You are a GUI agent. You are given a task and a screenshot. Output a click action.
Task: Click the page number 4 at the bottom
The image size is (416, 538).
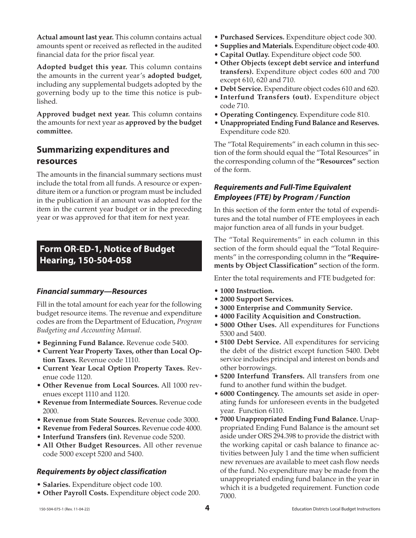(208, 508)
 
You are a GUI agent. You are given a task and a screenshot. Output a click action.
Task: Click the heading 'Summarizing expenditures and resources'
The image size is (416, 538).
(102, 155)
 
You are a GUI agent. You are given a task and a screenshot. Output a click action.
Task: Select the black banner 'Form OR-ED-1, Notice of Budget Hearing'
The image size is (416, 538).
(119, 255)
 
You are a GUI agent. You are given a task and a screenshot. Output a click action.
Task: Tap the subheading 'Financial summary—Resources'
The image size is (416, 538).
(92, 291)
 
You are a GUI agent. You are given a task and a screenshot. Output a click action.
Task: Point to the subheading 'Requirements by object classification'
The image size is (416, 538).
(101, 472)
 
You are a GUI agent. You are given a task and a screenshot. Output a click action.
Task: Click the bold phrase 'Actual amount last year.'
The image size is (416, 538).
(75, 37)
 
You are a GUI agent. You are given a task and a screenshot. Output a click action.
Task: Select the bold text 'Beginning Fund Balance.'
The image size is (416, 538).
(84, 343)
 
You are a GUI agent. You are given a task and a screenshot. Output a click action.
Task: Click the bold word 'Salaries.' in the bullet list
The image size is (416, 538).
(56, 485)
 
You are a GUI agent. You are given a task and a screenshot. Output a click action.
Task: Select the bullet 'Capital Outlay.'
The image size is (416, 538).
(244, 55)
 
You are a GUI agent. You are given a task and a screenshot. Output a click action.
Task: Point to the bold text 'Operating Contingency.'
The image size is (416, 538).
(259, 114)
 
